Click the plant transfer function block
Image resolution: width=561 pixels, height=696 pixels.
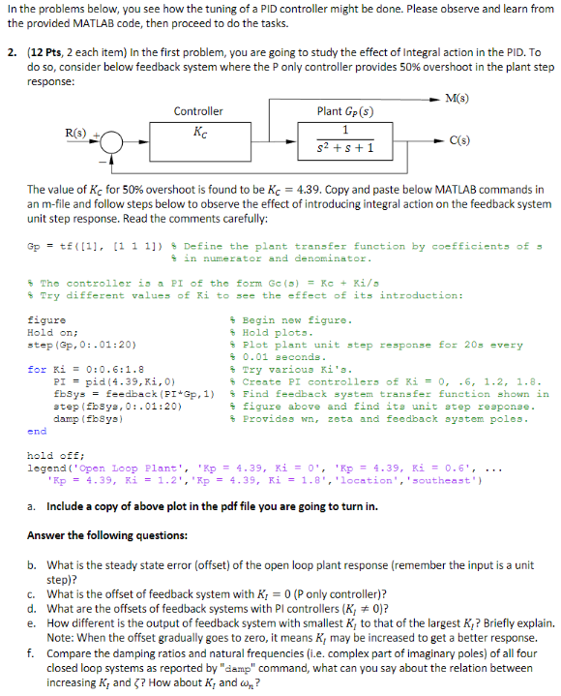pos(345,140)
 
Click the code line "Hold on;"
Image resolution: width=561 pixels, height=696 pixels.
pos(52,332)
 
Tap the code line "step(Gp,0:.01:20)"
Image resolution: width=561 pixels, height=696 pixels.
pos(74,345)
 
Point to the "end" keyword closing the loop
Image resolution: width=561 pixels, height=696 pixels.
pos(37,432)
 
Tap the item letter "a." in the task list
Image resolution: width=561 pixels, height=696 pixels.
pos(33,505)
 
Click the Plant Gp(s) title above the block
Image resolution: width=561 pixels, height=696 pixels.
pos(344,111)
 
